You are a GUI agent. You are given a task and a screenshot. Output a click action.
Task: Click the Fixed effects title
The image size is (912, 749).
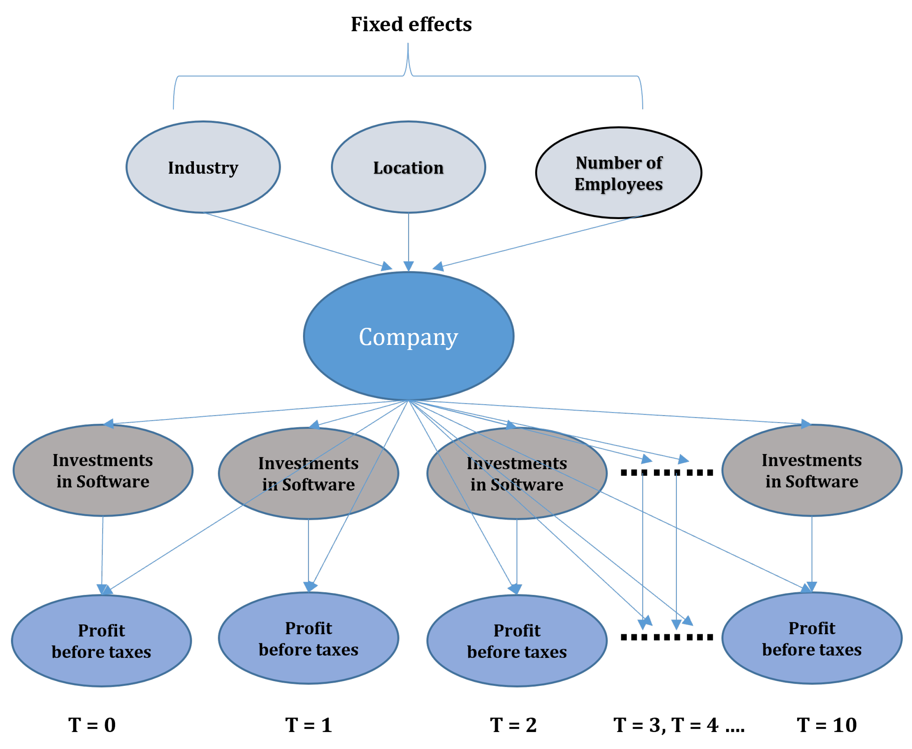[x=411, y=24]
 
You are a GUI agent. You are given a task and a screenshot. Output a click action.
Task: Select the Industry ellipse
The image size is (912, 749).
[x=203, y=167]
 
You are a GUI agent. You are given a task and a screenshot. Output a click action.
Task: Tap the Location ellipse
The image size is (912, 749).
[x=408, y=167]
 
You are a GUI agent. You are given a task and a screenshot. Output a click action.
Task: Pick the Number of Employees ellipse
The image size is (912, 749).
[x=618, y=173]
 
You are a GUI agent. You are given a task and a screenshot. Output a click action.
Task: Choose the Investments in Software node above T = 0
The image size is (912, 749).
[x=103, y=470]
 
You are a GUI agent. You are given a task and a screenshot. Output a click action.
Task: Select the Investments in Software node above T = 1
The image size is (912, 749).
[x=308, y=474]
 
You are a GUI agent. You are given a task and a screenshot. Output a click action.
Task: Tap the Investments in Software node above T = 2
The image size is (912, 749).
[x=517, y=474]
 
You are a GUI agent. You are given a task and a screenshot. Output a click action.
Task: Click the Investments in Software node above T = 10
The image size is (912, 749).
[x=812, y=470]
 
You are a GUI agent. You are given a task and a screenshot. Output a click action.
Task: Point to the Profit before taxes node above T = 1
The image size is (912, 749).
[x=308, y=639]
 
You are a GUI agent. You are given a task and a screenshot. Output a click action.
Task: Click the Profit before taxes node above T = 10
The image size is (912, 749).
[x=812, y=639]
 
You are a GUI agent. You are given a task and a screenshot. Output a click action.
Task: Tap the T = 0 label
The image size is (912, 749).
[x=92, y=725]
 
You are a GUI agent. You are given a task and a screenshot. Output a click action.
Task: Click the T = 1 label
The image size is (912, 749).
[x=308, y=725]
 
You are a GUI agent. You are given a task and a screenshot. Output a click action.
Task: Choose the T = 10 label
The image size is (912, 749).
[x=826, y=725]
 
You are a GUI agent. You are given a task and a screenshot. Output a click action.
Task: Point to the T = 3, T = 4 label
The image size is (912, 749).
[x=678, y=725]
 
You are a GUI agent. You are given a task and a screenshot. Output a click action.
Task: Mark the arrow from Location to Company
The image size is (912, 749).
[x=408, y=241]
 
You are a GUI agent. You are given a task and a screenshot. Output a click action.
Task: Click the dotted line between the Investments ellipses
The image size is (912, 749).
[x=666, y=472]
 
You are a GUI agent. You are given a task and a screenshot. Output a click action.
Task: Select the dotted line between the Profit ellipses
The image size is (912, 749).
[x=666, y=637]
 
